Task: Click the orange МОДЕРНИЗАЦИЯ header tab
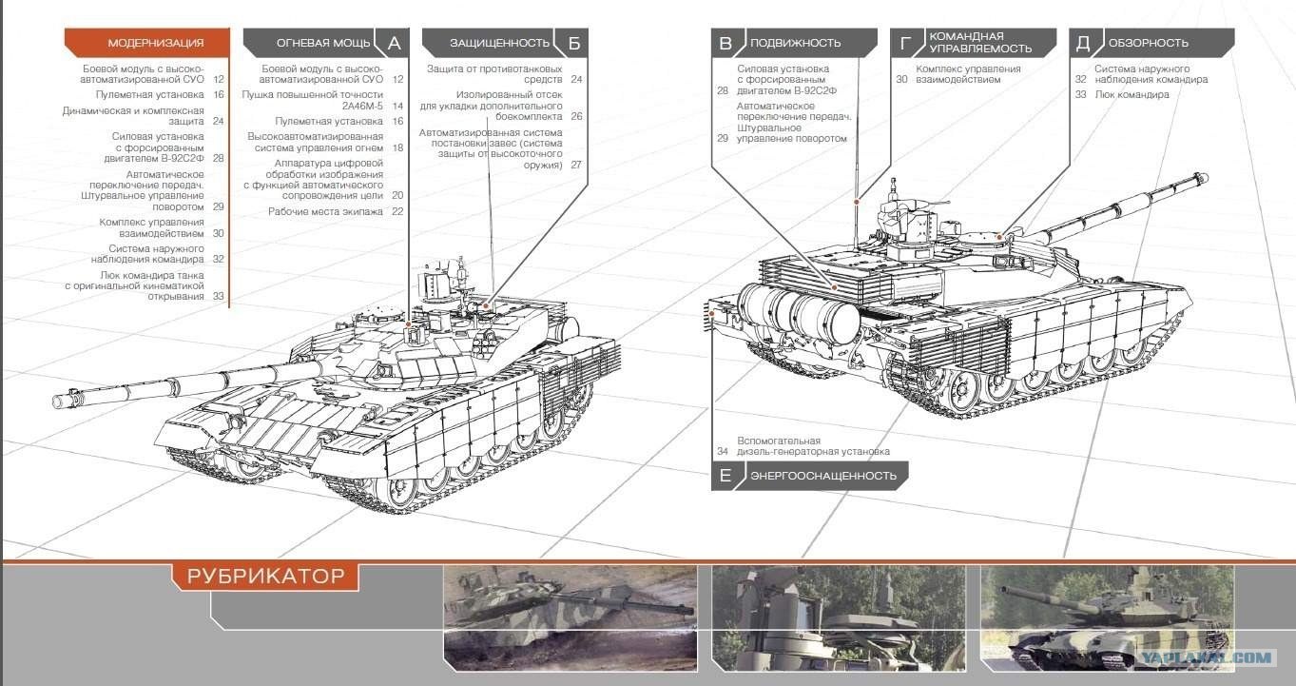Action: pos(147,43)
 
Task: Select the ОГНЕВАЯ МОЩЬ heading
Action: pos(323,43)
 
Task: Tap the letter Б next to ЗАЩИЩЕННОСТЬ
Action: pos(574,43)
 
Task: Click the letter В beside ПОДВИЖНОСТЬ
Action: pos(725,43)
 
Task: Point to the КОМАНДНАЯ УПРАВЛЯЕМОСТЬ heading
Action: pos(980,42)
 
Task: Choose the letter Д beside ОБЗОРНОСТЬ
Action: pos(1082,43)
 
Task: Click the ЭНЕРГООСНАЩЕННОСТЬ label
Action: pos(822,476)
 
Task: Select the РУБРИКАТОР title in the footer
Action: pos(265,576)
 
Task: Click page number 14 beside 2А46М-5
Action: pos(397,106)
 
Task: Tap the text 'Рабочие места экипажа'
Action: pos(325,211)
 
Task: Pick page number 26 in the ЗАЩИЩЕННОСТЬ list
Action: pos(576,116)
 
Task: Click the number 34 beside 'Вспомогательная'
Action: pos(723,451)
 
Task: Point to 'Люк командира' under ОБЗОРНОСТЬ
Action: pos(1132,94)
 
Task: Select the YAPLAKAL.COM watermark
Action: pos(1206,657)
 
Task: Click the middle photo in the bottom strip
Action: pos(839,618)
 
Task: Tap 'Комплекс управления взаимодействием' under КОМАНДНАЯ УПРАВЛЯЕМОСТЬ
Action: pos(968,74)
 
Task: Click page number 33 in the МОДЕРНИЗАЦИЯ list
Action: pos(218,297)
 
